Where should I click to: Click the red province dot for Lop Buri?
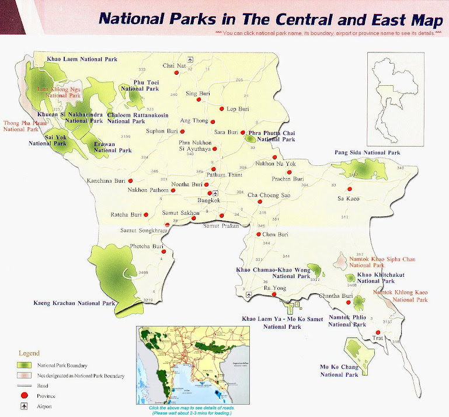click(221, 109)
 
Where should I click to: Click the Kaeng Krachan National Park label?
click(75, 304)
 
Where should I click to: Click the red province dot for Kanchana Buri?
click(131, 181)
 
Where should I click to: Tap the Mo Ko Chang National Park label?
click(339, 370)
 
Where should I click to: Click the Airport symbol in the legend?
click(23, 406)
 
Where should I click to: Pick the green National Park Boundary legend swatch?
click(23, 366)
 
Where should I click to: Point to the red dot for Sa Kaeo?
click(349, 189)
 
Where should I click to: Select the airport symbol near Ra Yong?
click(249, 296)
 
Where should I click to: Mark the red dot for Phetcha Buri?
click(164, 252)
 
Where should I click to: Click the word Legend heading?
click(29, 353)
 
